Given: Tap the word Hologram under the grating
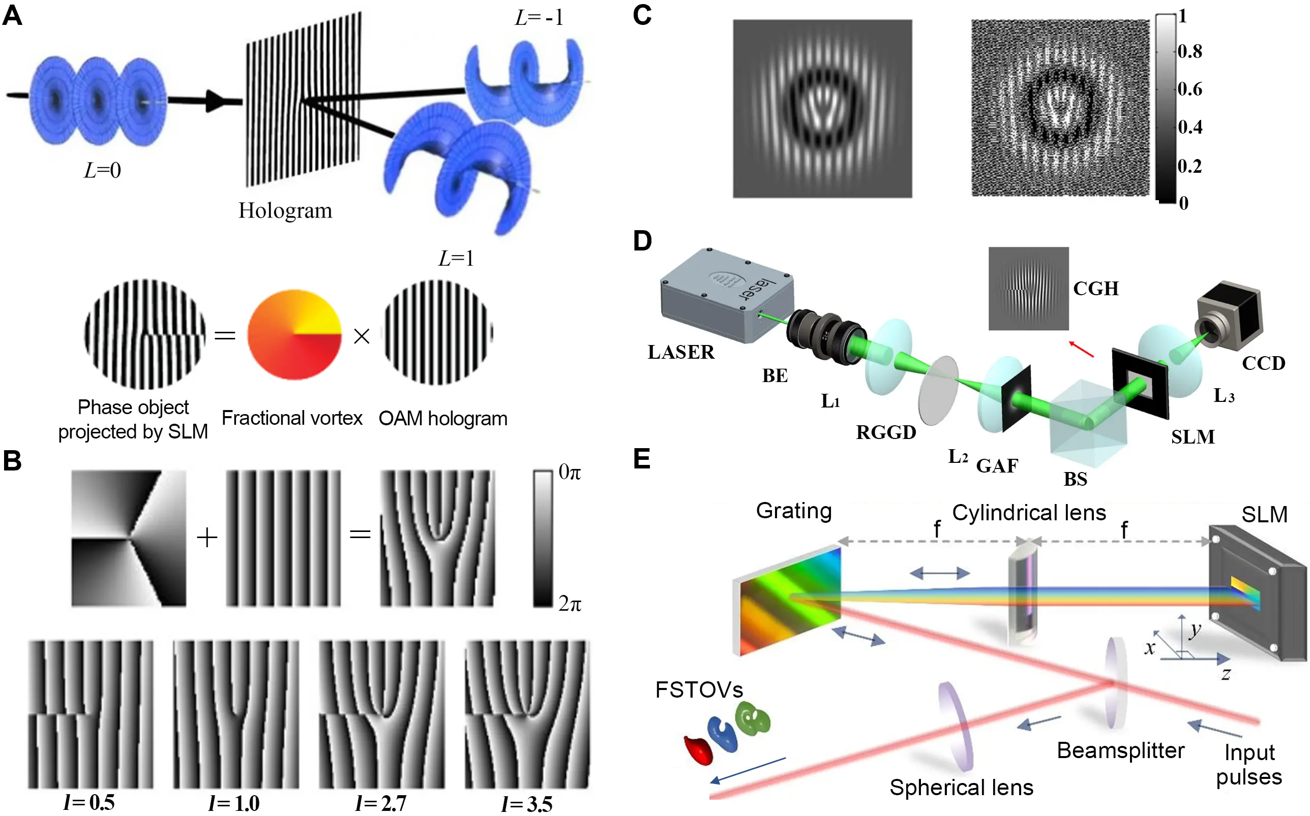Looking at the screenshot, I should (x=285, y=210).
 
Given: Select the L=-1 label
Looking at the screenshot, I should (x=539, y=18).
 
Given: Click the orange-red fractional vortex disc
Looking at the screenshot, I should (x=294, y=335).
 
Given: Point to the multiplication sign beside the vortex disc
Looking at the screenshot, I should (x=361, y=336).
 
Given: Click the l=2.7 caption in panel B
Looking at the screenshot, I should (x=380, y=804).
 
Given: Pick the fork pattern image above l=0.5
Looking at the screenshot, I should (x=91, y=714).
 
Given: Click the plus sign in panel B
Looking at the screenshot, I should (x=207, y=538).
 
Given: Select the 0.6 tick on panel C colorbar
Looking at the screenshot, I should (x=1189, y=89).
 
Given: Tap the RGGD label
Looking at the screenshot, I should (x=885, y=432).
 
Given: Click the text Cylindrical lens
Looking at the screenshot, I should (x=1029, y=513).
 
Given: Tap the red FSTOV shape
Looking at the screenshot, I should (x=699, y=750).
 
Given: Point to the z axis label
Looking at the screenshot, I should (x=1226, y=674).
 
